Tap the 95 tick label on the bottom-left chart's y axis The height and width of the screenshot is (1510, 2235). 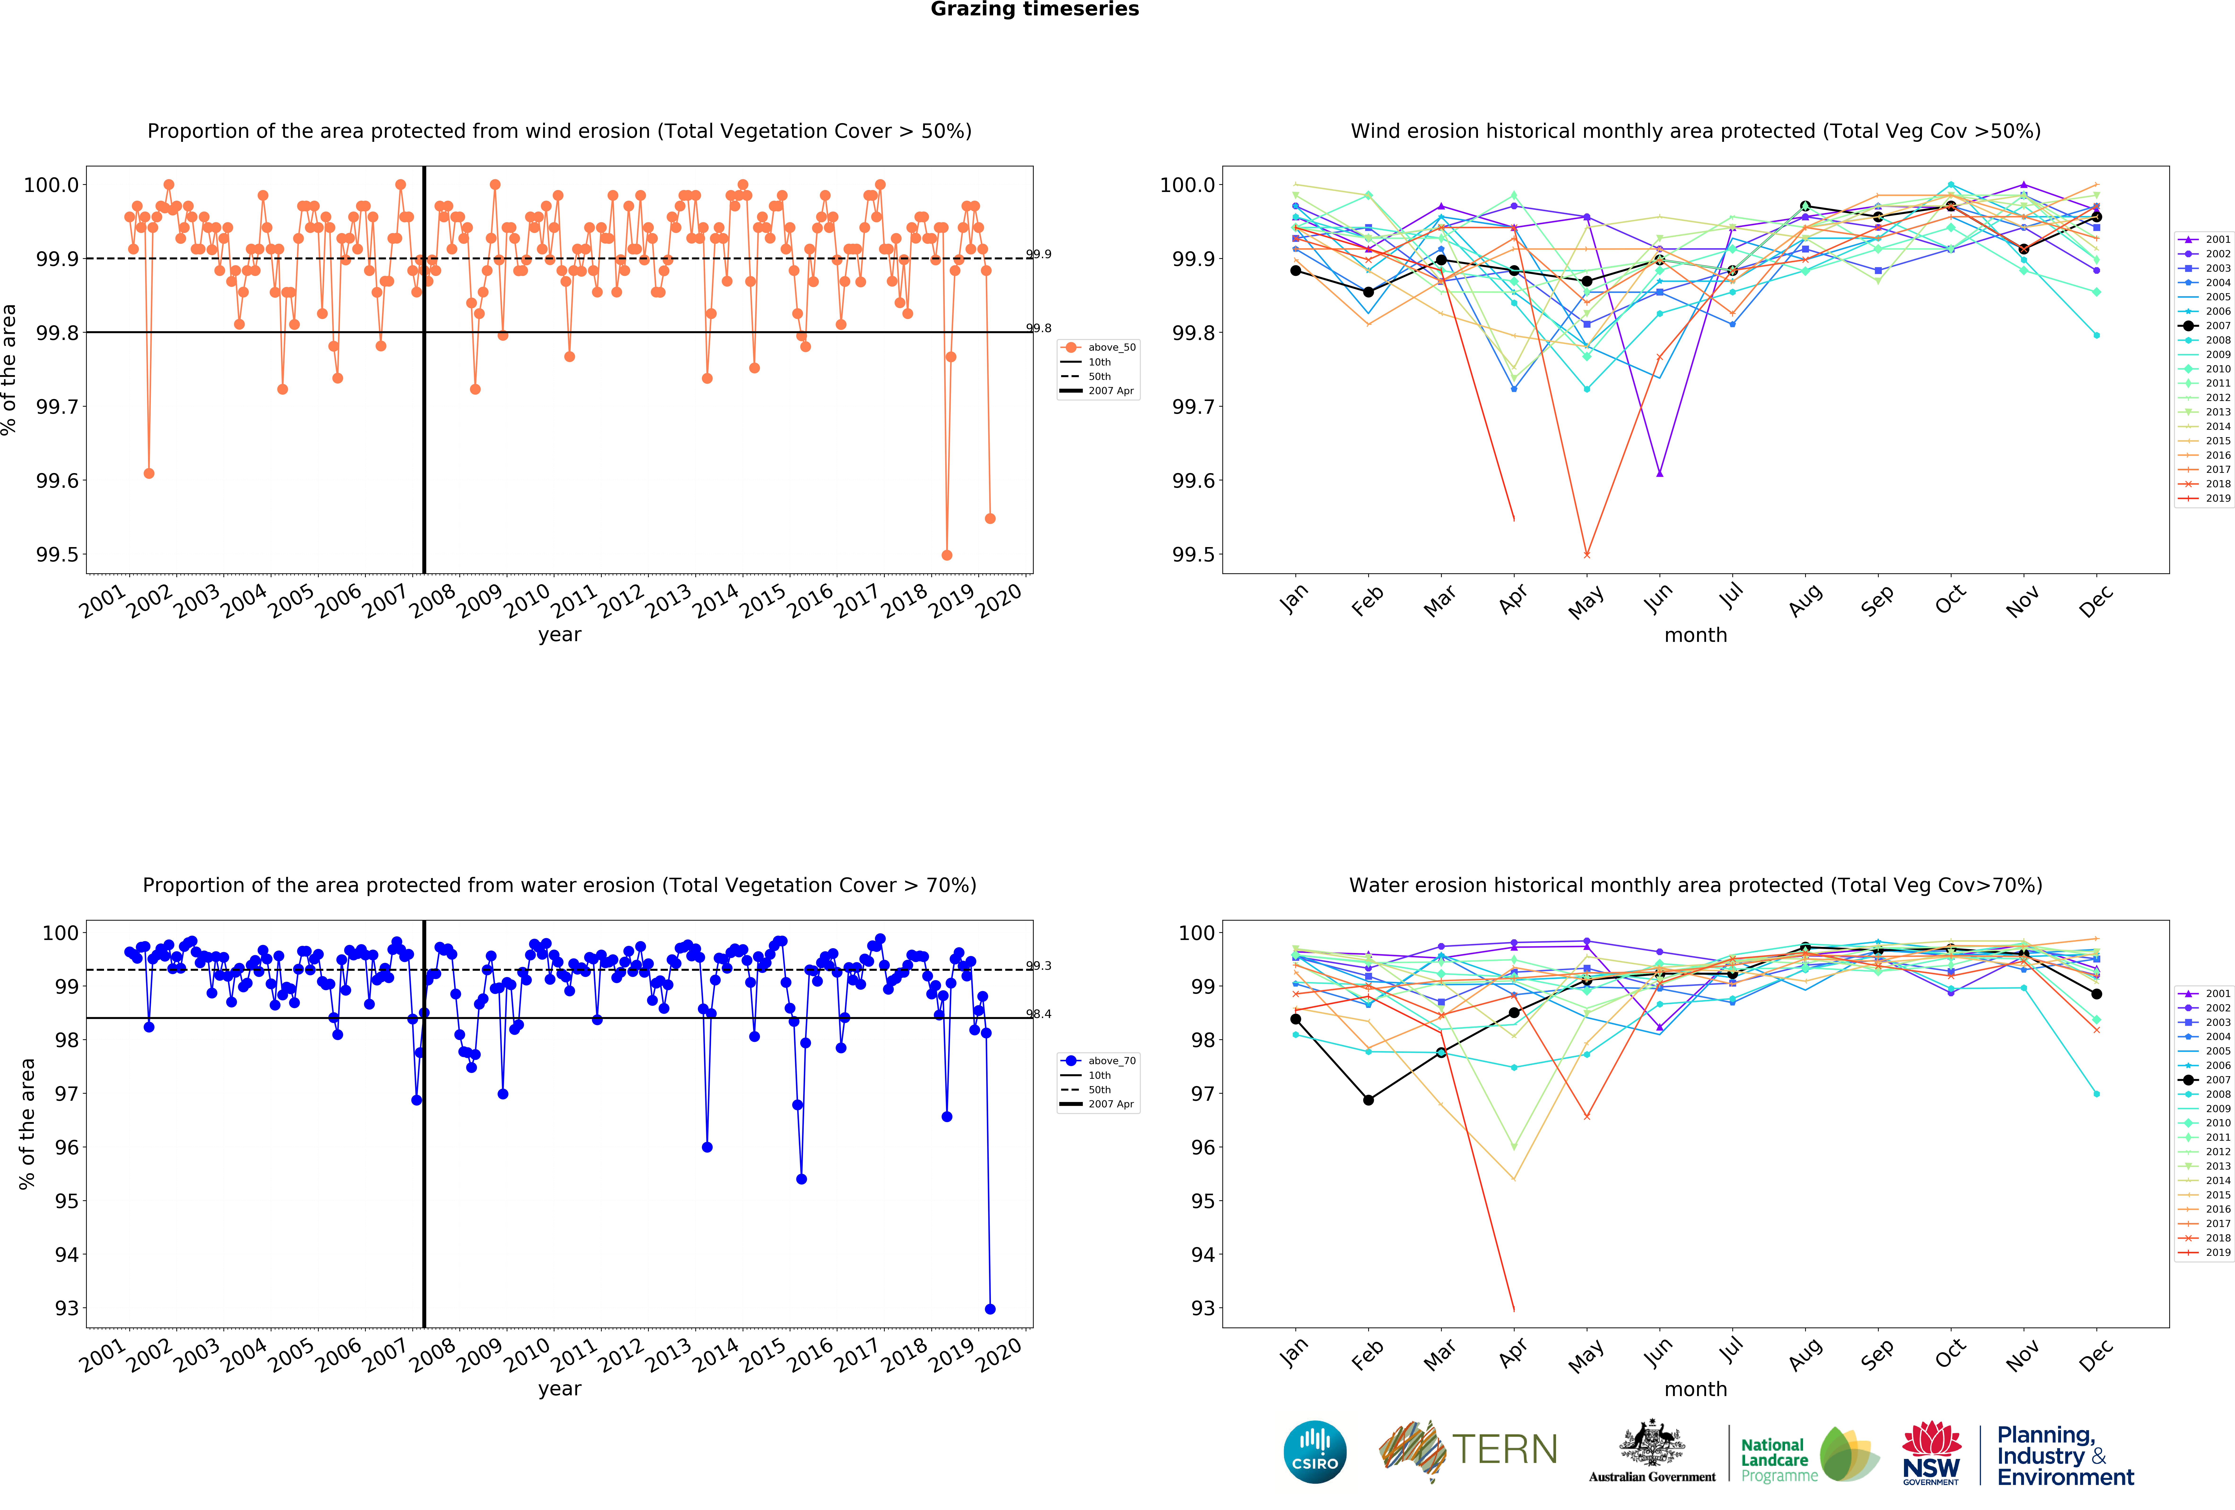[x=66, y=1201]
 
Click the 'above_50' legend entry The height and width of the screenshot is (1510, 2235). [x=1111, y=347]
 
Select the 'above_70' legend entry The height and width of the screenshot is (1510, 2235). [x=1111, y=1061]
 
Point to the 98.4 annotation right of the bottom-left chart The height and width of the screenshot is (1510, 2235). [x=1039, y=1014]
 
